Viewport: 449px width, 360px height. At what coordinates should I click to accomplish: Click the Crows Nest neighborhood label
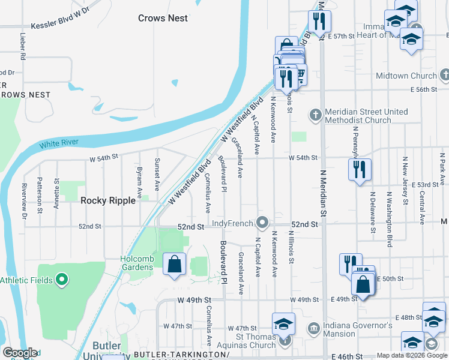pos(163,18)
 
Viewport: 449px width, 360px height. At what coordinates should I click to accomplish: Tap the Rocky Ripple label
pos(109,201)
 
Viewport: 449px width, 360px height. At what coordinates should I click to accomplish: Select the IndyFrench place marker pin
pos(262,223)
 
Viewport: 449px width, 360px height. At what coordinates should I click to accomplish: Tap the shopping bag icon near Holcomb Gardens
pos(174,264)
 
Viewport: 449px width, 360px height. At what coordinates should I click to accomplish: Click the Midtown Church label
pos(406,76)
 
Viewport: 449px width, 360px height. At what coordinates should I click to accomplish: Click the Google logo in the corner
pos(20,353)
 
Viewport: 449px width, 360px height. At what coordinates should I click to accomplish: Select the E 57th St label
pos(342,37)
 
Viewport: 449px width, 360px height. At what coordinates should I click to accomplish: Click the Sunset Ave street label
pos(158,170)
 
